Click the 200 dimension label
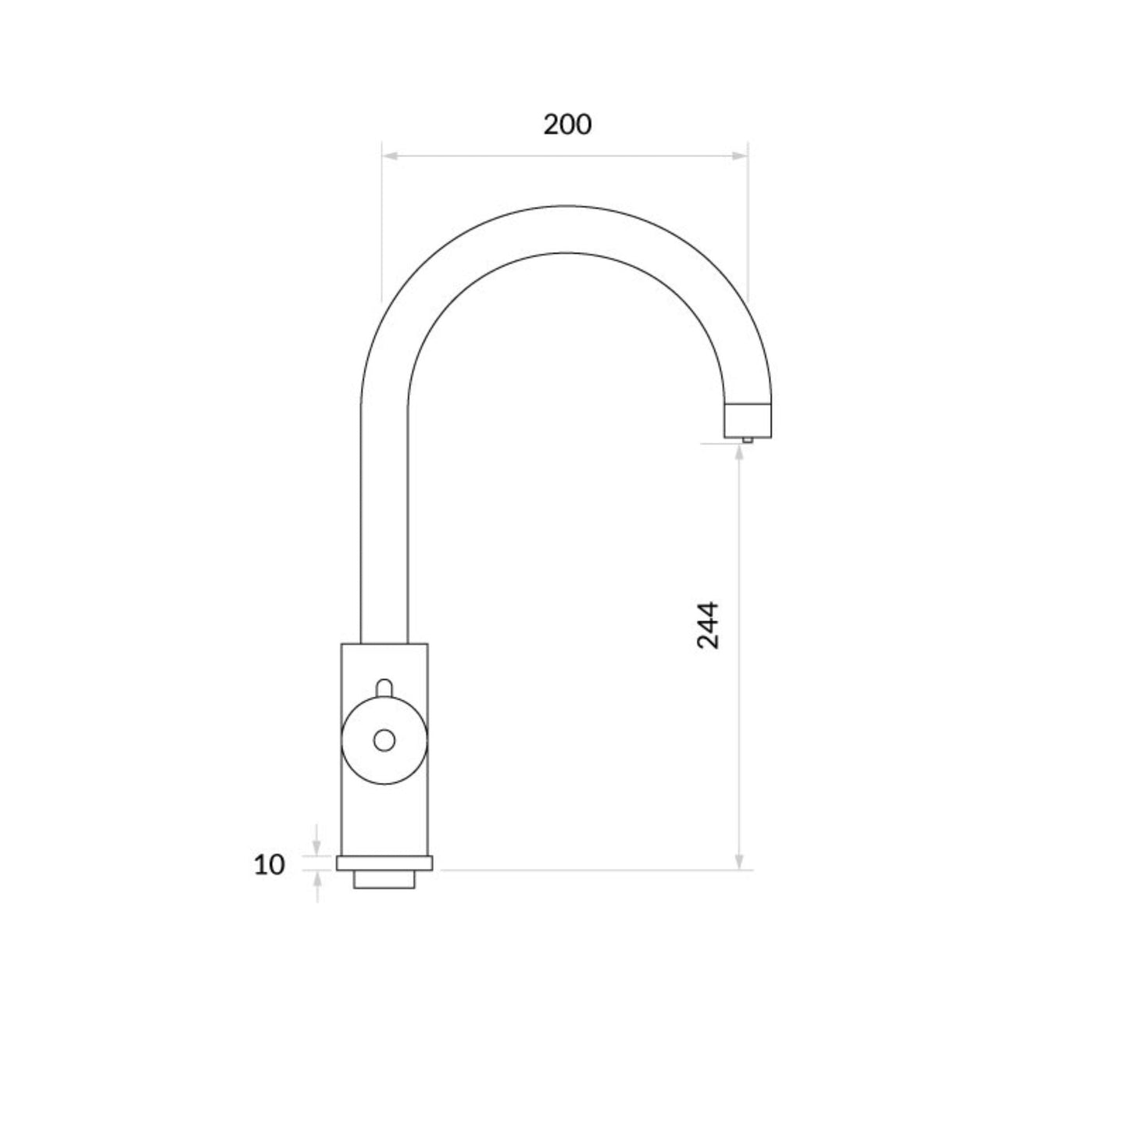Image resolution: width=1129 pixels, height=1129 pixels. tap(566, 125)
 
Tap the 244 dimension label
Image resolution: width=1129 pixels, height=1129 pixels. tap(708, 624)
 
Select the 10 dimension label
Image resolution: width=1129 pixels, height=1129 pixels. tap(269, 865)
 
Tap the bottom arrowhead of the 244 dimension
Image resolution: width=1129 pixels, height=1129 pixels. tap(739, 861)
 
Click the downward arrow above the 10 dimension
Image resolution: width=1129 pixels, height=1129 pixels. tap(317, 840)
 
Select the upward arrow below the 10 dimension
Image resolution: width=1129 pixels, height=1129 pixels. tap(317, 887)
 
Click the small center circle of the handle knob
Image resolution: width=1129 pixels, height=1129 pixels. tap(384, 741)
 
